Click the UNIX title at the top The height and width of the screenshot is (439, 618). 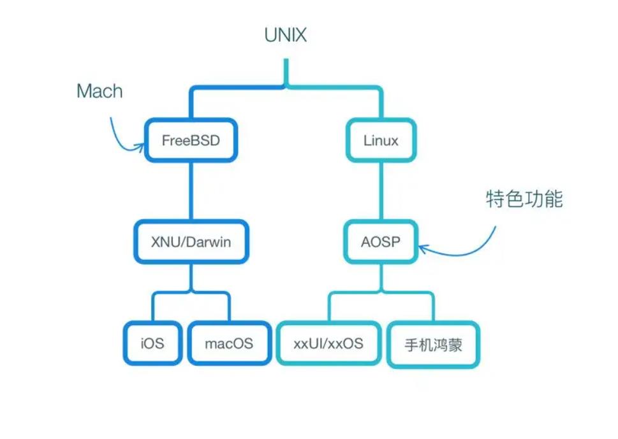coord(285,35)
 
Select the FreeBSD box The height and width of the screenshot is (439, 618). coord(190,140)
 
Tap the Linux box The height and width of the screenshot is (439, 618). coord(381,140)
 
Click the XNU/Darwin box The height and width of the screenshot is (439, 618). coord(191,241)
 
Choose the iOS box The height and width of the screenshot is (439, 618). coord(152,343)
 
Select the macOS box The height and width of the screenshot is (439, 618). coord(228,343)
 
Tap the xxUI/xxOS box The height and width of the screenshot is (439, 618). coord(328,343)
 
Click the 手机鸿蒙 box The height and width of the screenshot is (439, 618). coord(433,345)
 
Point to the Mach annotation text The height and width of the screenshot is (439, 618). coord(99,91)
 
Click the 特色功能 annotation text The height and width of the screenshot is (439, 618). coord(524,199)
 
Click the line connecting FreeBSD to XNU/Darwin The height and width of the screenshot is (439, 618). coord(190,191)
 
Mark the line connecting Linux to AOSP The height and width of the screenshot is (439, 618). coord(381,191)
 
